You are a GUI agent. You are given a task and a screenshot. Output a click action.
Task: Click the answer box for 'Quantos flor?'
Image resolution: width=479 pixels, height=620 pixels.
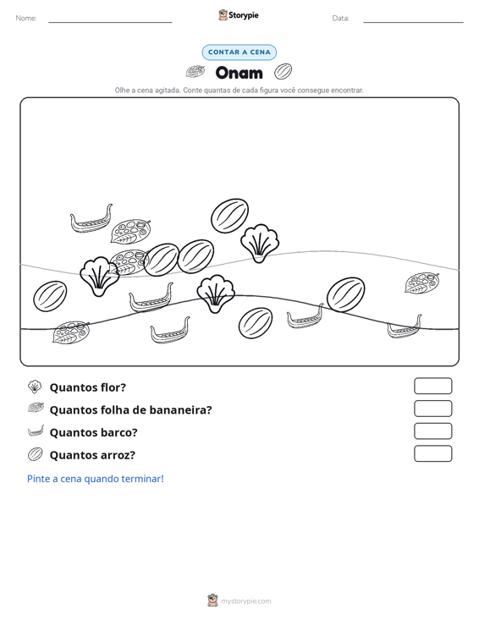[x=432, y=386]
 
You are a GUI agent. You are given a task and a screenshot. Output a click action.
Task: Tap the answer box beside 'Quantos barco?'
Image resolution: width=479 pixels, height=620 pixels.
[x=432, y=431]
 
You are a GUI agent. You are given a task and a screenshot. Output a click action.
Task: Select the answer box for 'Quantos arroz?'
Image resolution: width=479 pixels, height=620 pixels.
[x=432, y=453]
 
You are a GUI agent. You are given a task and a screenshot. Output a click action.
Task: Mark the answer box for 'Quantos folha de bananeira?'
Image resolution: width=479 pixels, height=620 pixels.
[x=432, y=409]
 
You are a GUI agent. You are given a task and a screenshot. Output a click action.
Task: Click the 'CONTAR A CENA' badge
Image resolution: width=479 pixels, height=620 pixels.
[x=239, y=52]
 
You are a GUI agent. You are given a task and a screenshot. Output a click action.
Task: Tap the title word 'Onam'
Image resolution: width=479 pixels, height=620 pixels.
[x=239, y=73]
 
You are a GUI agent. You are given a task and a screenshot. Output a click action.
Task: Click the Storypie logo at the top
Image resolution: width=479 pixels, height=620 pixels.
[x=239, y=15]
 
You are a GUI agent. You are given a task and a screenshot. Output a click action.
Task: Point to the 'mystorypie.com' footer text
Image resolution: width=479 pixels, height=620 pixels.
[x=245, y=601]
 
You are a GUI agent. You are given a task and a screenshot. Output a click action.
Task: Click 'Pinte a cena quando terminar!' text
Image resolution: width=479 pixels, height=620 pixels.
[x=96, y=479]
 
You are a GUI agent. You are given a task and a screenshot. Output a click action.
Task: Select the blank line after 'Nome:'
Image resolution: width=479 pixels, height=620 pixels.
[x=110, y=22]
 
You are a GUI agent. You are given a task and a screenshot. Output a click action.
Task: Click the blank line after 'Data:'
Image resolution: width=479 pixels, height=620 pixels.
[x=413, y=22]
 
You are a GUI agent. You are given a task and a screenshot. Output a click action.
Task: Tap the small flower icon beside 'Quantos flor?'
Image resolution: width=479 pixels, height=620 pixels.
[x=35, y=387]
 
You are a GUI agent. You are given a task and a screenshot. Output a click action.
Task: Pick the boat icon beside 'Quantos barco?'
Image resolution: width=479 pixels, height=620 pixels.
[x=36, y=431]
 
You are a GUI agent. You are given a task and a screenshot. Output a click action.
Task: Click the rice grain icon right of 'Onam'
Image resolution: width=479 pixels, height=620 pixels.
[x=283, y=72]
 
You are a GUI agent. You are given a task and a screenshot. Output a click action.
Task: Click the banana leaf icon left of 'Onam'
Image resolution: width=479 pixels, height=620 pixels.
[x=195, y=72]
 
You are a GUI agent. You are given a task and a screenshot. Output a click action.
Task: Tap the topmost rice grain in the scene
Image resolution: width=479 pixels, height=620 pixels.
[x=230, y=216]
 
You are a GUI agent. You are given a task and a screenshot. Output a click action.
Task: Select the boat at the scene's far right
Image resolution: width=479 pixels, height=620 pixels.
[x=405, y=327]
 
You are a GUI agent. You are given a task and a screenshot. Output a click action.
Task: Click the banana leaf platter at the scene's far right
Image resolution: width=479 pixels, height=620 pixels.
[x=422, y=283]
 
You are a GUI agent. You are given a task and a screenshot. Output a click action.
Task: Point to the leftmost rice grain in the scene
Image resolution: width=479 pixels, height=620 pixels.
[x=50, y=296]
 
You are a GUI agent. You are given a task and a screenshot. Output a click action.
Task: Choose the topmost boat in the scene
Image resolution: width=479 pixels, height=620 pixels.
[x=91, y=219]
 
